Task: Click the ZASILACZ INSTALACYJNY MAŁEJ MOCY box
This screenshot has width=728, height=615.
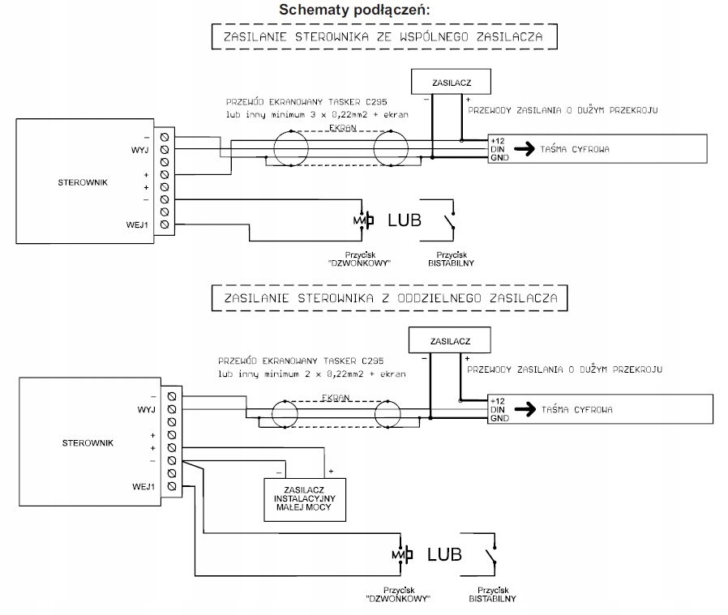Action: tap(303, 499)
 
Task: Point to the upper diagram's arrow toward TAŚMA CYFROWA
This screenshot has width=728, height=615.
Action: tap(523, 149)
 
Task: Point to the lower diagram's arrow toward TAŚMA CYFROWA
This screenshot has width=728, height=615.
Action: tap(523, 409)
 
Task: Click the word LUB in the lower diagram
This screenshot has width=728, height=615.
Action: tap(444, 555)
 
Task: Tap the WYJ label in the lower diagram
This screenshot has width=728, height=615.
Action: tap(147, 410)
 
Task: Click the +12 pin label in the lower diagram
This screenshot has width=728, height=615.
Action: tap(498, 401)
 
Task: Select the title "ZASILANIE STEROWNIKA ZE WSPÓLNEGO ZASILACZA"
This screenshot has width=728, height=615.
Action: tap(384, 37)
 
